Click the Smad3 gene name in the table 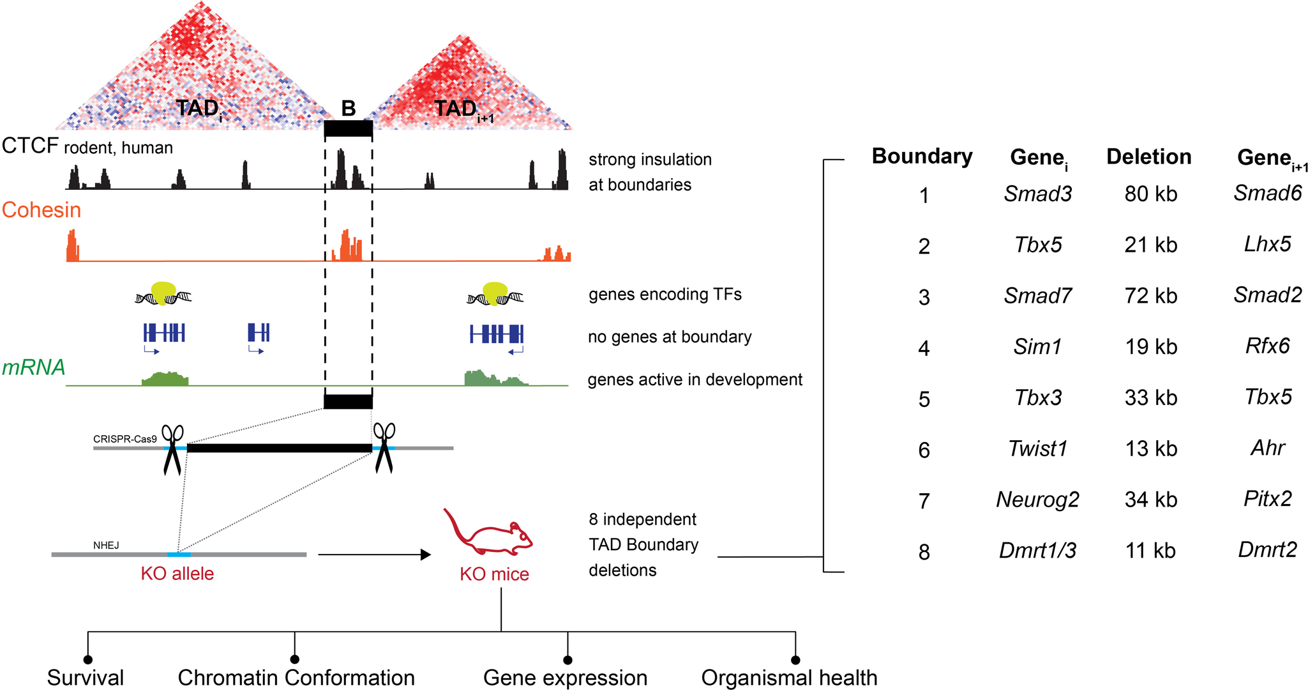click(x=1037, y=194)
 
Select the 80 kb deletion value click(x=1150, y=194)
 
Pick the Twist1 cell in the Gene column click(x=1037, y=448)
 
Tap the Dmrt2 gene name click(x=1267, y=549)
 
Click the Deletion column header click(x=1148, y=157)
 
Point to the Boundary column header click(x=922, y=157)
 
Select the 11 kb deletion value click(x=1150, y=550)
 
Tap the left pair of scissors click(x=172, y=449)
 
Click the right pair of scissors click(x=384, y=447)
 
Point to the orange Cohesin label click(x=41, y=210)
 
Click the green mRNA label click(x=33, y=367)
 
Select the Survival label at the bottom click(x=86, y=677)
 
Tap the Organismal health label click(x=789, y=677)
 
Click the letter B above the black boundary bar click(x=348, y=109)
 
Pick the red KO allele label click(x=177, y=573)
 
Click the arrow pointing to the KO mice click(x=374, y=555)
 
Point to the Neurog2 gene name click(x=1037, y=499)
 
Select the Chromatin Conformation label click(x=296, y=677)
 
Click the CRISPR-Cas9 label click(x=124, y=439)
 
